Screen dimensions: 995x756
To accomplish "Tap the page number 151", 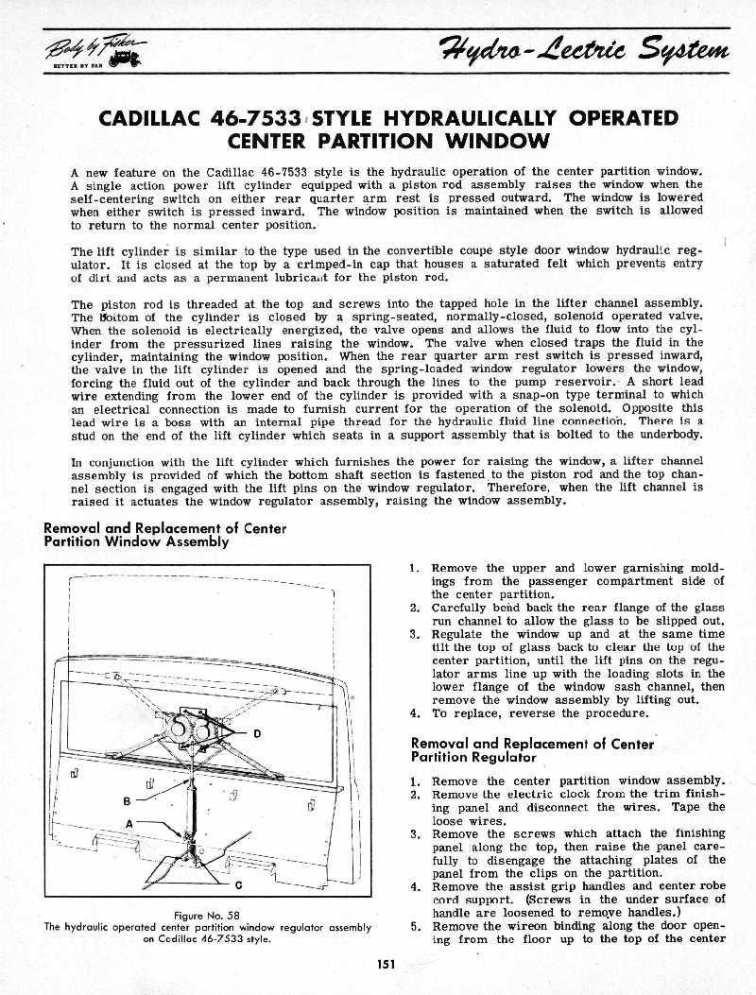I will click(384, 964).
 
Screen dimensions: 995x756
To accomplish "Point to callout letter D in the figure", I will click(257, 734).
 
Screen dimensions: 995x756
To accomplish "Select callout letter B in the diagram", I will click(127, 800).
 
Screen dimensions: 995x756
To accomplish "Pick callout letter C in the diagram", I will click(237, 884).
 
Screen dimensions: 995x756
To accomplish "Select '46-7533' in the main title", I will click(264, 119).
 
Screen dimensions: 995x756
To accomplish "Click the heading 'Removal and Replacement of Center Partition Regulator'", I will click(532, 750).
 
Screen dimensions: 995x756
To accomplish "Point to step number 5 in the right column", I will click(415, 926).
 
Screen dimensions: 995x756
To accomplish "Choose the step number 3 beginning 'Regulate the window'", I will click(415, 635).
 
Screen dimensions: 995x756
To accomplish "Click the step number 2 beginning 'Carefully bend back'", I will click(415, 609).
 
